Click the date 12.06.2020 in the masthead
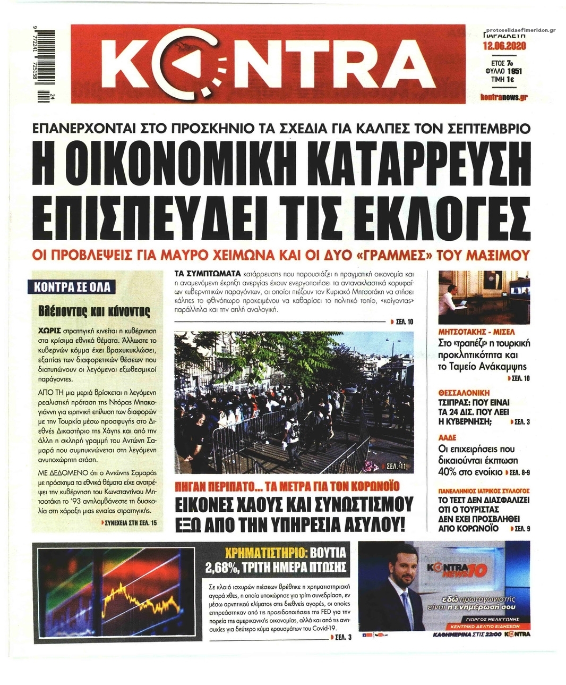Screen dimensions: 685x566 (504, 46)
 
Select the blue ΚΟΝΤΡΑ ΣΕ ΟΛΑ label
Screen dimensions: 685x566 (72, 287)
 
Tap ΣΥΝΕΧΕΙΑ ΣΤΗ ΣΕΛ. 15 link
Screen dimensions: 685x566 (130, 523)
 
